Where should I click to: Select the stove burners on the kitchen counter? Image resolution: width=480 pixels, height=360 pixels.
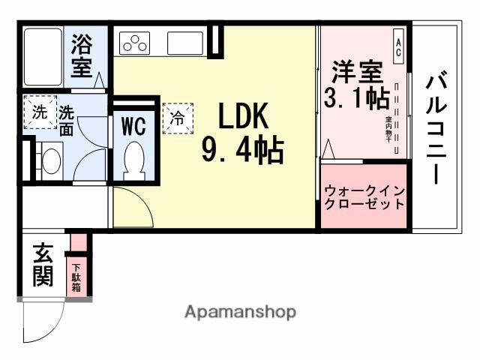136,43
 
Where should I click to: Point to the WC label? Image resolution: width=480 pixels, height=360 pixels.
133,125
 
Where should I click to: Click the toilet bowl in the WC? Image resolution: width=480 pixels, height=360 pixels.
133,158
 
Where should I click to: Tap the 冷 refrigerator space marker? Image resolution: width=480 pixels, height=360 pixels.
178,118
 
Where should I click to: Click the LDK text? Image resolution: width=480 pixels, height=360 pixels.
243,118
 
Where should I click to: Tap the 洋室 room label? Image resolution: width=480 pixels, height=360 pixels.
355,73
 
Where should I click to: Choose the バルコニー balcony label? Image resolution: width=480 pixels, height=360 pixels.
437,127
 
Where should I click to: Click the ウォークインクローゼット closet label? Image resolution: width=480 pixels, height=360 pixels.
364,196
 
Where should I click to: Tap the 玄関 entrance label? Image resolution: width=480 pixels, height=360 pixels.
42,265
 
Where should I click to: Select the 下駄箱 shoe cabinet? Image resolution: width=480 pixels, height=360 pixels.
76,275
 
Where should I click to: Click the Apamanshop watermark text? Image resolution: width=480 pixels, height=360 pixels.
240,311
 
